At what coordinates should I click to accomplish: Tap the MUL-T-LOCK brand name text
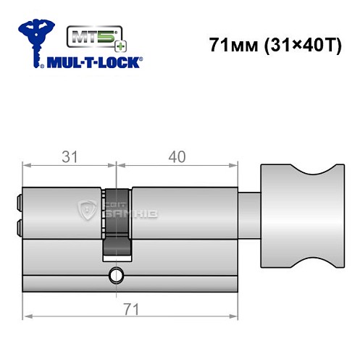[x=95, y=62]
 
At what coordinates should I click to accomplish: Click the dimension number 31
[x=70, y=156]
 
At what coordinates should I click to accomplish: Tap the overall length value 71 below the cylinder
[x=131, y=308]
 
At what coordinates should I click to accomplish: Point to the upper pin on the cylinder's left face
[x=19, y=199]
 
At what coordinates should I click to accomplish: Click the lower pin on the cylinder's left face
[x=19, y=229]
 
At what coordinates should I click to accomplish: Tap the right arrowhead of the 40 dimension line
[x=235, y=165]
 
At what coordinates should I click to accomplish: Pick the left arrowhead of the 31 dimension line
[x=28, y=165]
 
